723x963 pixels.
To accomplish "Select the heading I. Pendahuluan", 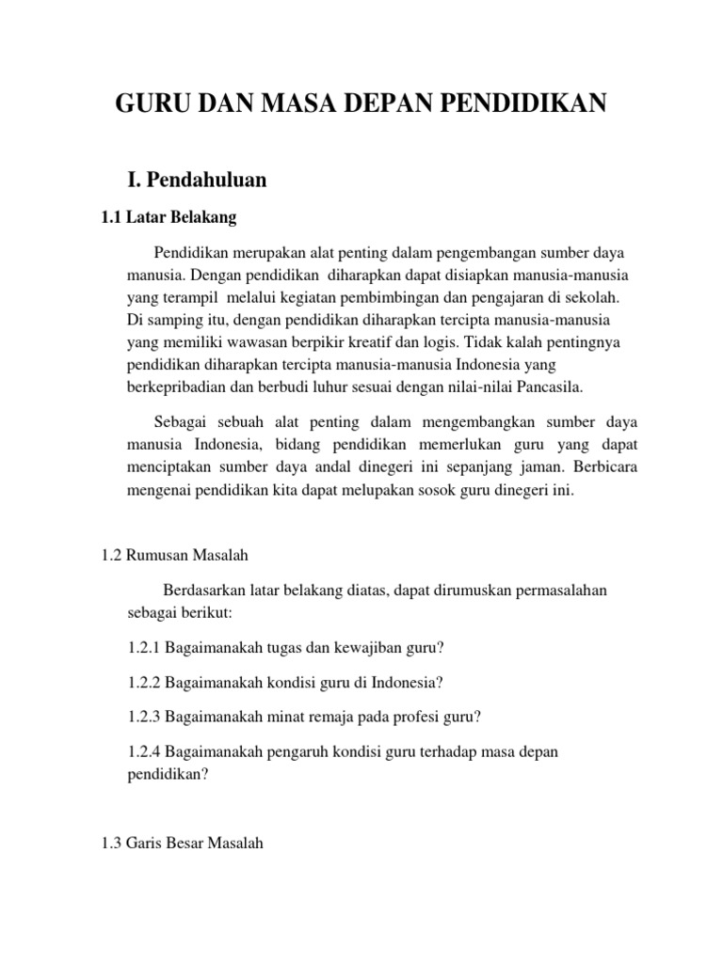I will point(198,180).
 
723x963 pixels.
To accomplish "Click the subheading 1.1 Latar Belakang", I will point(169,218).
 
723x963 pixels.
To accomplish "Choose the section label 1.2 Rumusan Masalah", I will point(174,557).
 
